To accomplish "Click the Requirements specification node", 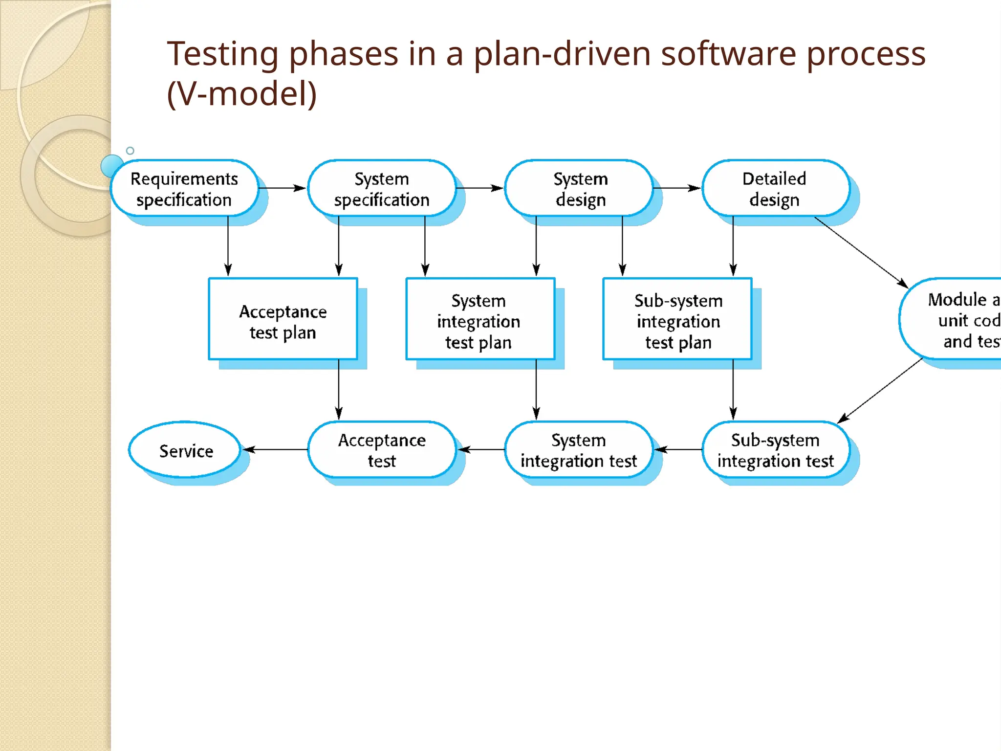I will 184,189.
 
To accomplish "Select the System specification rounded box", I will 381,189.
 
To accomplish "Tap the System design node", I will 580,189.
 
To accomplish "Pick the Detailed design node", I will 775,189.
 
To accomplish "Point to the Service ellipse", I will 185,450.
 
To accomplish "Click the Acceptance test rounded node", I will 381,450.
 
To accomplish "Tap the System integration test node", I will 579,450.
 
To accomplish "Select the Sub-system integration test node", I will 775,450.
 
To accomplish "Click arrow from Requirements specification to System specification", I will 283,188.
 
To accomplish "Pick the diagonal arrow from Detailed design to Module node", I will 861,252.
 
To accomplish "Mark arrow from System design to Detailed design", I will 677,188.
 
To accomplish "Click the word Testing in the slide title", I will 222,54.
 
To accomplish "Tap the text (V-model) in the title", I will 242,94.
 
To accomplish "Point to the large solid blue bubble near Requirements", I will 112,165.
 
